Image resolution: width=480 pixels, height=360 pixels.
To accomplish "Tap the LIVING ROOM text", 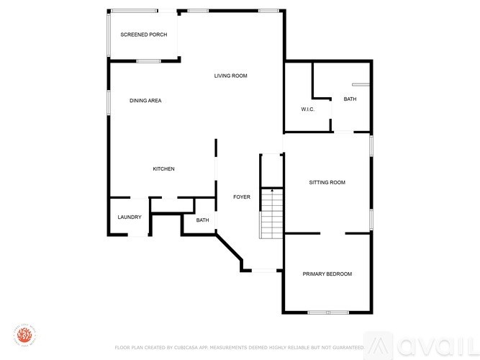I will coord(230,76).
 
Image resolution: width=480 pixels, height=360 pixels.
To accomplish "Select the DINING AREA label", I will coord(145,101).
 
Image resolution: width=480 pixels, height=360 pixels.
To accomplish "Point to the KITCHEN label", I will coord(163,169).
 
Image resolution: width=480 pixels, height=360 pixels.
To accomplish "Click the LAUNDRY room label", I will coord(130,217).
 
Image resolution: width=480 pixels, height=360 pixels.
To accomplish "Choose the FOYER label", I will coord(242,197).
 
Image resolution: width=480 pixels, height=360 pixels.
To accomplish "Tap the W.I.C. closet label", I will coord(309,109).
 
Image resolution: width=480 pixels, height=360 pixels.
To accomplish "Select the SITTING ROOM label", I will coord(327,183).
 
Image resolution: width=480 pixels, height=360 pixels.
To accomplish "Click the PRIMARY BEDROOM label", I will coord(327,274).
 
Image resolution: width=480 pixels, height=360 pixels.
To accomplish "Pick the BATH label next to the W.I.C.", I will coord(350,99).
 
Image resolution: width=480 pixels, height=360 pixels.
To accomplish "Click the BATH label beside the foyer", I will coord(202,220).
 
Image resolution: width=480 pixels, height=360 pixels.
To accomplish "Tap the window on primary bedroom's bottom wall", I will coord(328,312).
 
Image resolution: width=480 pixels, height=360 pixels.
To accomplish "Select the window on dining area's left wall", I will coord(109,101).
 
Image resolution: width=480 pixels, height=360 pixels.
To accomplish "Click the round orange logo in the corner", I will coord(24,336).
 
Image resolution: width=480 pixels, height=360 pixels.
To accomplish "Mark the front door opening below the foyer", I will coord(264,271).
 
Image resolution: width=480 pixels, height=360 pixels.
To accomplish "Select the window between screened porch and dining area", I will coord(148,61).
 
